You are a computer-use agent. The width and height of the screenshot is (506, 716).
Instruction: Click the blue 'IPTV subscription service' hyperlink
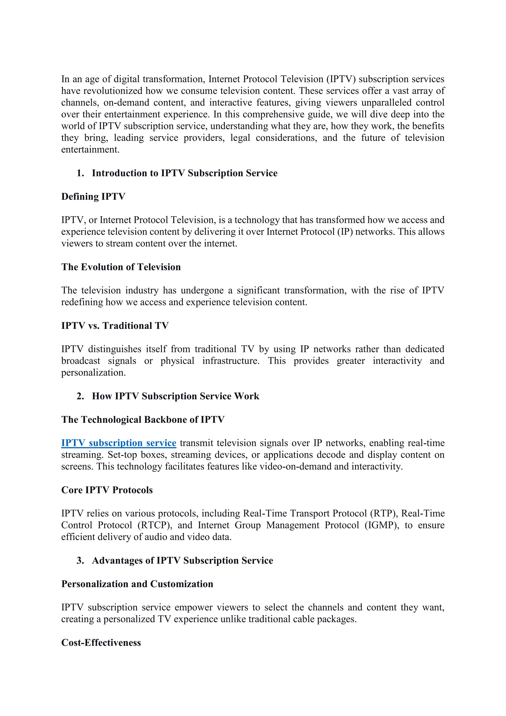pos(119,443)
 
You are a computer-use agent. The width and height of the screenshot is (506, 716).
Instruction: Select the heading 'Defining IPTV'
pos(93,197)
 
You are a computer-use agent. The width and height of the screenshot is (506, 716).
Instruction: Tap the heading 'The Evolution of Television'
pos(121,267)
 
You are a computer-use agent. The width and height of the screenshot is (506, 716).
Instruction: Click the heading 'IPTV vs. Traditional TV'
pos(115,326)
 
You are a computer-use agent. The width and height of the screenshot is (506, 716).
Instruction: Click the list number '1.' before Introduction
pos(80,173)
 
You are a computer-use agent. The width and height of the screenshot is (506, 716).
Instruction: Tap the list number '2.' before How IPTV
pos(80,396)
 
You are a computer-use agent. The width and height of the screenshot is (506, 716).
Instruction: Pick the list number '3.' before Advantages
pos(80,560)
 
